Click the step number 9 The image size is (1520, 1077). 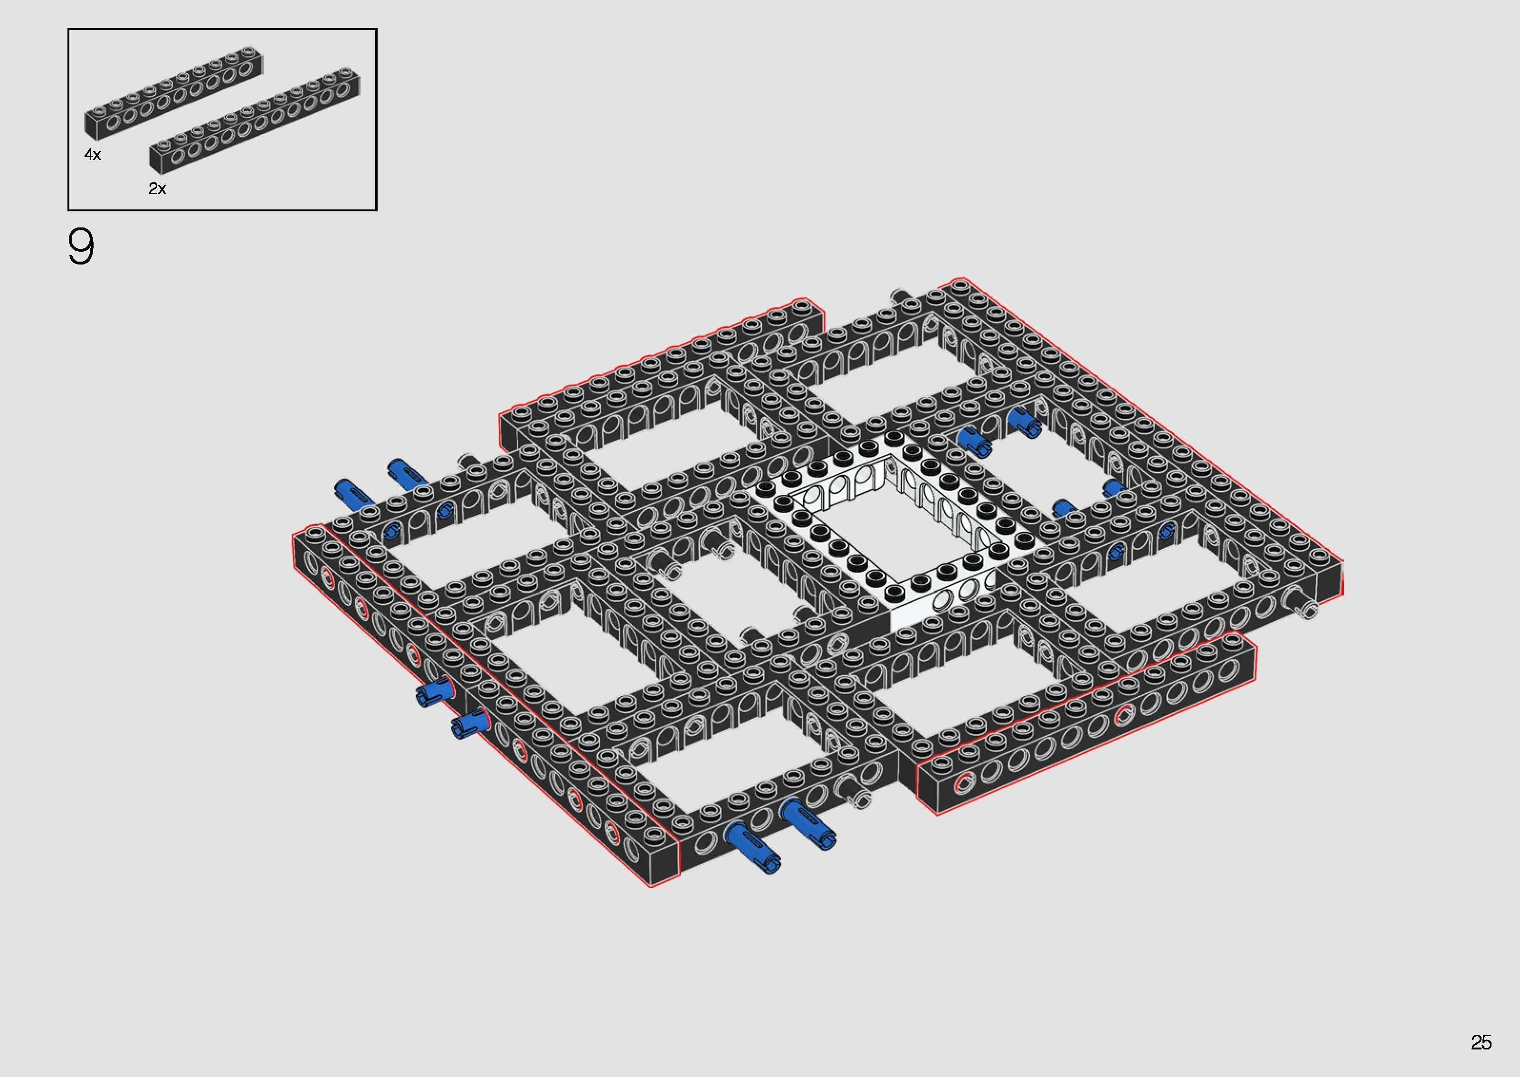pyautogui.click(x=81, y=247)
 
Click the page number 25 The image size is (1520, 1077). pyautogui.click(x=1481, y=1042)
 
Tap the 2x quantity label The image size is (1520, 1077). pyautogui.click(x=157, y=189)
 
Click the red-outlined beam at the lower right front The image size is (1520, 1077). pyautogui.click(x=1088, y=723)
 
